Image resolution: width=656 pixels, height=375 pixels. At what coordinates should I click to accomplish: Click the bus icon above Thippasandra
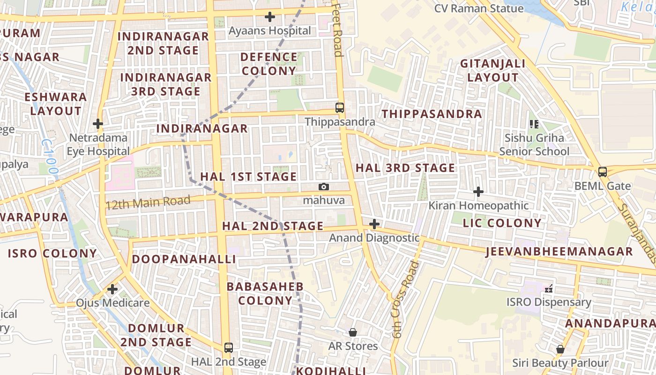coord(340,108)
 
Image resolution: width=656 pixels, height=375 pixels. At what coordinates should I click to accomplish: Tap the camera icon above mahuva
coord(323,187)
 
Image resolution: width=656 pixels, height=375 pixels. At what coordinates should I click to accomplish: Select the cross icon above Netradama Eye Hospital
coord(98,124)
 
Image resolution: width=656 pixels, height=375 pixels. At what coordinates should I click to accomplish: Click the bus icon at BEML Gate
coord(603,172)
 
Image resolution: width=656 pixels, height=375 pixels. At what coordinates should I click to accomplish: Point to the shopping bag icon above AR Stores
coord(353,332)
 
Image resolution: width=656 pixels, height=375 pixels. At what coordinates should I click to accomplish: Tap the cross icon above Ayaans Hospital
coord(270,17)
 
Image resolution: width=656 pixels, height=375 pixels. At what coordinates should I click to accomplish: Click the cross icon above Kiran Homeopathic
coord(478,191)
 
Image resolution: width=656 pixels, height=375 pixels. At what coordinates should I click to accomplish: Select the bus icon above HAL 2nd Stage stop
coord(229,348)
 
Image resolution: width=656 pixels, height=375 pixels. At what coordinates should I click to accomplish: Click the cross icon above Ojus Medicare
coord(112,289)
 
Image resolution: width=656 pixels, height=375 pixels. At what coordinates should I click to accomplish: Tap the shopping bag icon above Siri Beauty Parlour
coord(560,349)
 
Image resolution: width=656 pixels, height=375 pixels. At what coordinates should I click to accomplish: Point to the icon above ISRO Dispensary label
coord(549,289)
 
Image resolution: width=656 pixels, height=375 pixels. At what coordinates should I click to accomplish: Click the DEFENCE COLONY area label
coord(269,64)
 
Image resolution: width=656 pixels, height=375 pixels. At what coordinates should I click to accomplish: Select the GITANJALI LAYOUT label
coord(493,70)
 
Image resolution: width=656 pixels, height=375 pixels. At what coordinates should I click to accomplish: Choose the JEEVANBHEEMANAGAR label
coord(559,252)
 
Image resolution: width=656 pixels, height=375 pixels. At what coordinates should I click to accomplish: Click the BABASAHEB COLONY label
coord(265,293)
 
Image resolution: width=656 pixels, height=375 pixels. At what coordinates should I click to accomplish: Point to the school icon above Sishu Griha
coord(534,124)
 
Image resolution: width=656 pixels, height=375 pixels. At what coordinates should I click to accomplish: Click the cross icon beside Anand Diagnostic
coord(374,224)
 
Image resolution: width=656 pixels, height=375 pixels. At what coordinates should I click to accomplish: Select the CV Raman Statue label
coord(479,8)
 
